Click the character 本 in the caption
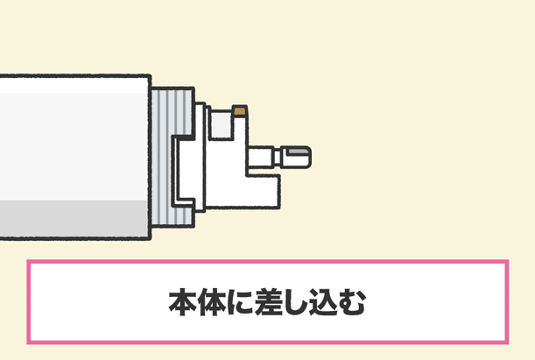pos(183,302)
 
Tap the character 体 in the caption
pos(212,302)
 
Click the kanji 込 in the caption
pos(322,302)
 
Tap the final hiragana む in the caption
pos(351,302)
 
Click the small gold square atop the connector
pos(240,111)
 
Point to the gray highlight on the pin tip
pos(298,151)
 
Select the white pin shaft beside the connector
pos(260,157)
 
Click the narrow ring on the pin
pos(278,157)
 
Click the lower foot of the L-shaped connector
pos(262,191)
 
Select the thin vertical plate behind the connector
pos(200,157)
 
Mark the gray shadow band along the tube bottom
pos(74,218)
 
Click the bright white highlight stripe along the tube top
pos(74,85)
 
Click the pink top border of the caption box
pos(268,262)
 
